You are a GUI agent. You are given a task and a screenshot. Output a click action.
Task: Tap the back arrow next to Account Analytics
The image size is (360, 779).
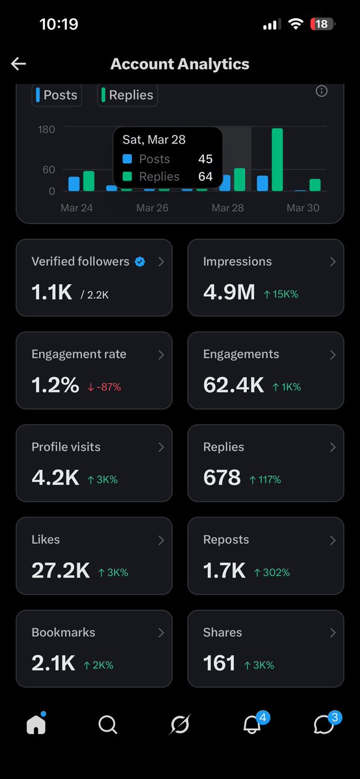point(18,64)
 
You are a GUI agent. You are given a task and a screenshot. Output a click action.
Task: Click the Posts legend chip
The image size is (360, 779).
point(57,95)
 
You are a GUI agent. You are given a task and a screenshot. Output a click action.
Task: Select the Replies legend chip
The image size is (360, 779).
point(128,95)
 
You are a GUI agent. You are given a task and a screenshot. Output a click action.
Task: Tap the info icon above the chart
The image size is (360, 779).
point(321,92)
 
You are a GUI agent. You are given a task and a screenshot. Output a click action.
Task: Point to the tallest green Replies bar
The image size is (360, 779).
point(277,160)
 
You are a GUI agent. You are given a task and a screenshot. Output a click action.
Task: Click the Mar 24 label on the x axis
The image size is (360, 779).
point(77,208)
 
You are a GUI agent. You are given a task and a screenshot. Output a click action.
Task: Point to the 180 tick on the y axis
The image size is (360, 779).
point(46,129)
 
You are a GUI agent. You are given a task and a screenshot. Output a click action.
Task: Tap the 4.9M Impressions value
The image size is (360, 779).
point(229,292)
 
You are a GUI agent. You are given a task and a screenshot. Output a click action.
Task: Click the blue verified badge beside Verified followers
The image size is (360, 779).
point(140,262)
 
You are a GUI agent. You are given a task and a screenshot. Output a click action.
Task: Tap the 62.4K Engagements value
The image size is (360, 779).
point(233,385)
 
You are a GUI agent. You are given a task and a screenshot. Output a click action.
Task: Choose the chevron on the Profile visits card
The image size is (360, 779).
point(161,447)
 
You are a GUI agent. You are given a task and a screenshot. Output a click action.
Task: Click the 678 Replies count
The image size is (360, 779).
point(222,478)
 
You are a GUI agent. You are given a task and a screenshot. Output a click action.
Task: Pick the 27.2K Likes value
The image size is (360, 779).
point(60,571)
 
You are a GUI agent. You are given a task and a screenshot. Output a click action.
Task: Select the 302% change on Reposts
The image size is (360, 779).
point(272,572)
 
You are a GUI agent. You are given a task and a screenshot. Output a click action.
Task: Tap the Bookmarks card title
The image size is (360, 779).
point(63,632)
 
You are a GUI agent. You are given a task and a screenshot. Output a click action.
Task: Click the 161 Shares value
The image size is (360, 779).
point(219,663)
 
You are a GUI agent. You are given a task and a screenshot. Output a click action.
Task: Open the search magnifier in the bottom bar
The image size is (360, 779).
point(108,724)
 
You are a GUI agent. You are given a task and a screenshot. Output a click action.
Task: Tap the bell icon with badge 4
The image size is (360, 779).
point(251,725)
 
